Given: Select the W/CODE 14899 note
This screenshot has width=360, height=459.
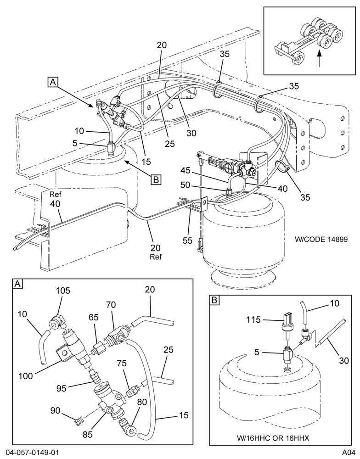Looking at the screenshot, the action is (321, 239).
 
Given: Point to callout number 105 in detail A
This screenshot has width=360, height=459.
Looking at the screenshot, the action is (63, 291).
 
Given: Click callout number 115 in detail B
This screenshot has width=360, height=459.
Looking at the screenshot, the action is (253, 319).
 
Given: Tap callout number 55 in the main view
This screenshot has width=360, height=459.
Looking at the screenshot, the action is (188, 241).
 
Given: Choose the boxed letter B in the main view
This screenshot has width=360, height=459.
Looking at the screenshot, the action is (156, 179).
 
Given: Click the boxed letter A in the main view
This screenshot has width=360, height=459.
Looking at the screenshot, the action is (53, 82).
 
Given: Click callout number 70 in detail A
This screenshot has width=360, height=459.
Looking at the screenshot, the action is (111, 305).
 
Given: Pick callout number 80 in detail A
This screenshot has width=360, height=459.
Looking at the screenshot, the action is (141, 402).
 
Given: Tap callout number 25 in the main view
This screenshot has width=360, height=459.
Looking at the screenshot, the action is (169, 143).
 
